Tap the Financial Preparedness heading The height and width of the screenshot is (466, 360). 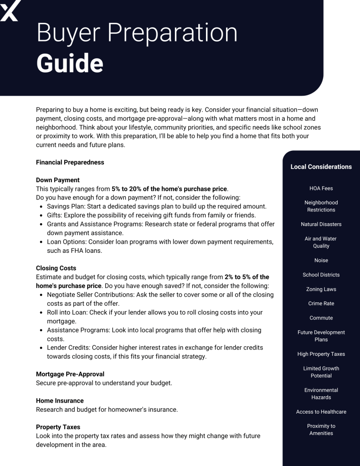pos(70,162)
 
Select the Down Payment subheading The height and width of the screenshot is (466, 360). pos(58,180)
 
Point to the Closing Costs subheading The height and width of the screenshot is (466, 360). pos(56,268)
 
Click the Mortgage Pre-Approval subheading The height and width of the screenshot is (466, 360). pos(70,374)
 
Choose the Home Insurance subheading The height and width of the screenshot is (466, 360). pos(60,401)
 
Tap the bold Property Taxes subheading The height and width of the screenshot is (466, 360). pos(58,427)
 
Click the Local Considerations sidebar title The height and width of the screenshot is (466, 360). pos(321,167)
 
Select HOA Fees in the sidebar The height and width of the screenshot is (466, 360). pos(321,188)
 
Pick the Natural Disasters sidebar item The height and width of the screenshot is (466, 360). pos(321,224)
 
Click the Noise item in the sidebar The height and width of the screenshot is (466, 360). pos(321,261)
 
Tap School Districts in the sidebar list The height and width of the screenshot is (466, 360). pos(321,275)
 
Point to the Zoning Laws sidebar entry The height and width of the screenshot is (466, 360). pos(321,289)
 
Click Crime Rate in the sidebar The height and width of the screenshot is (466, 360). pos(321,303)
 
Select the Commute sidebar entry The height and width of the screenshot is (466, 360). pos(321,318)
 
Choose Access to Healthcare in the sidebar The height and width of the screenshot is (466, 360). pos(321,412)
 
